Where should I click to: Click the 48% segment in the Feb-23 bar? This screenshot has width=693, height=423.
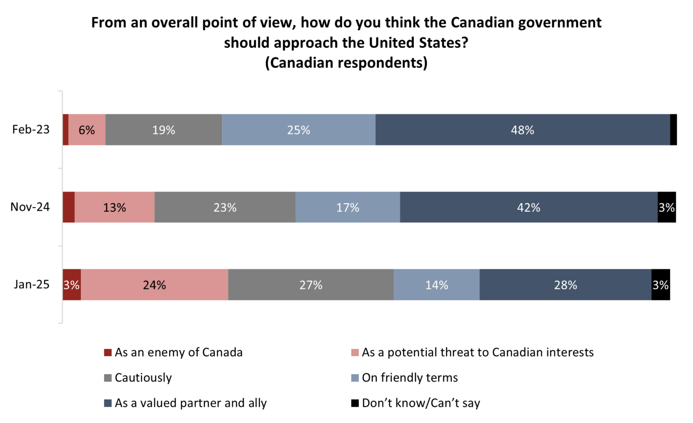[x=522, y=130]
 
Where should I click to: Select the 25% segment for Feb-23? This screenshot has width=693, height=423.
[x=298, y=130]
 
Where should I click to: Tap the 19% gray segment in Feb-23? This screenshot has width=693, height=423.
[x=163, y=130]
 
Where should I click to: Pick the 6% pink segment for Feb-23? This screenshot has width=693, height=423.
[x=87, y=130]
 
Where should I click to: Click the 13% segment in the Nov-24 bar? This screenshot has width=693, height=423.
[x=115, y=207]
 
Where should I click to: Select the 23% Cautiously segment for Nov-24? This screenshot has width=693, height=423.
[x=225, y=207]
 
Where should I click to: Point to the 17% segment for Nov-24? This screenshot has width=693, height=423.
[x=347, y=207]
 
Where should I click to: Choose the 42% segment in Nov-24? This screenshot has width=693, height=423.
[x=528, y=207]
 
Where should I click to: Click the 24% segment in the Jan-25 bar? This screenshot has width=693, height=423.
[x=154, y=285]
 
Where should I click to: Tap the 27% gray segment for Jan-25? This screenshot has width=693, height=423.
[x=311, y=285]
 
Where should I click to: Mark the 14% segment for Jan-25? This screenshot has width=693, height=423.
[x=436, y=285]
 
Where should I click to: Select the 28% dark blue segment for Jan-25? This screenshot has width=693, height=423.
[x=565, y=285]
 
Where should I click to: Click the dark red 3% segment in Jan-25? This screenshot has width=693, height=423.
[x=71, y=285]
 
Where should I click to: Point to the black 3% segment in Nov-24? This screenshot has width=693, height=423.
[x=666, y=207]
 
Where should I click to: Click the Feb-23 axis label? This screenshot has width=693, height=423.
[x=31, y=130]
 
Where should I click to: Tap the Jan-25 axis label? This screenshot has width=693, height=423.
[x=32, y=284]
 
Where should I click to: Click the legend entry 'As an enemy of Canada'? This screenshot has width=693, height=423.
[x=178, y=353]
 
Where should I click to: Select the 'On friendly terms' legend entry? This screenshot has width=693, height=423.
[x=409, y=378]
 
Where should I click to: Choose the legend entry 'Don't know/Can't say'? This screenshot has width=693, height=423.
[x=420, y=403]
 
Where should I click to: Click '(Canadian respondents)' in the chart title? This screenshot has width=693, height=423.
[x=346, y=62]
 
